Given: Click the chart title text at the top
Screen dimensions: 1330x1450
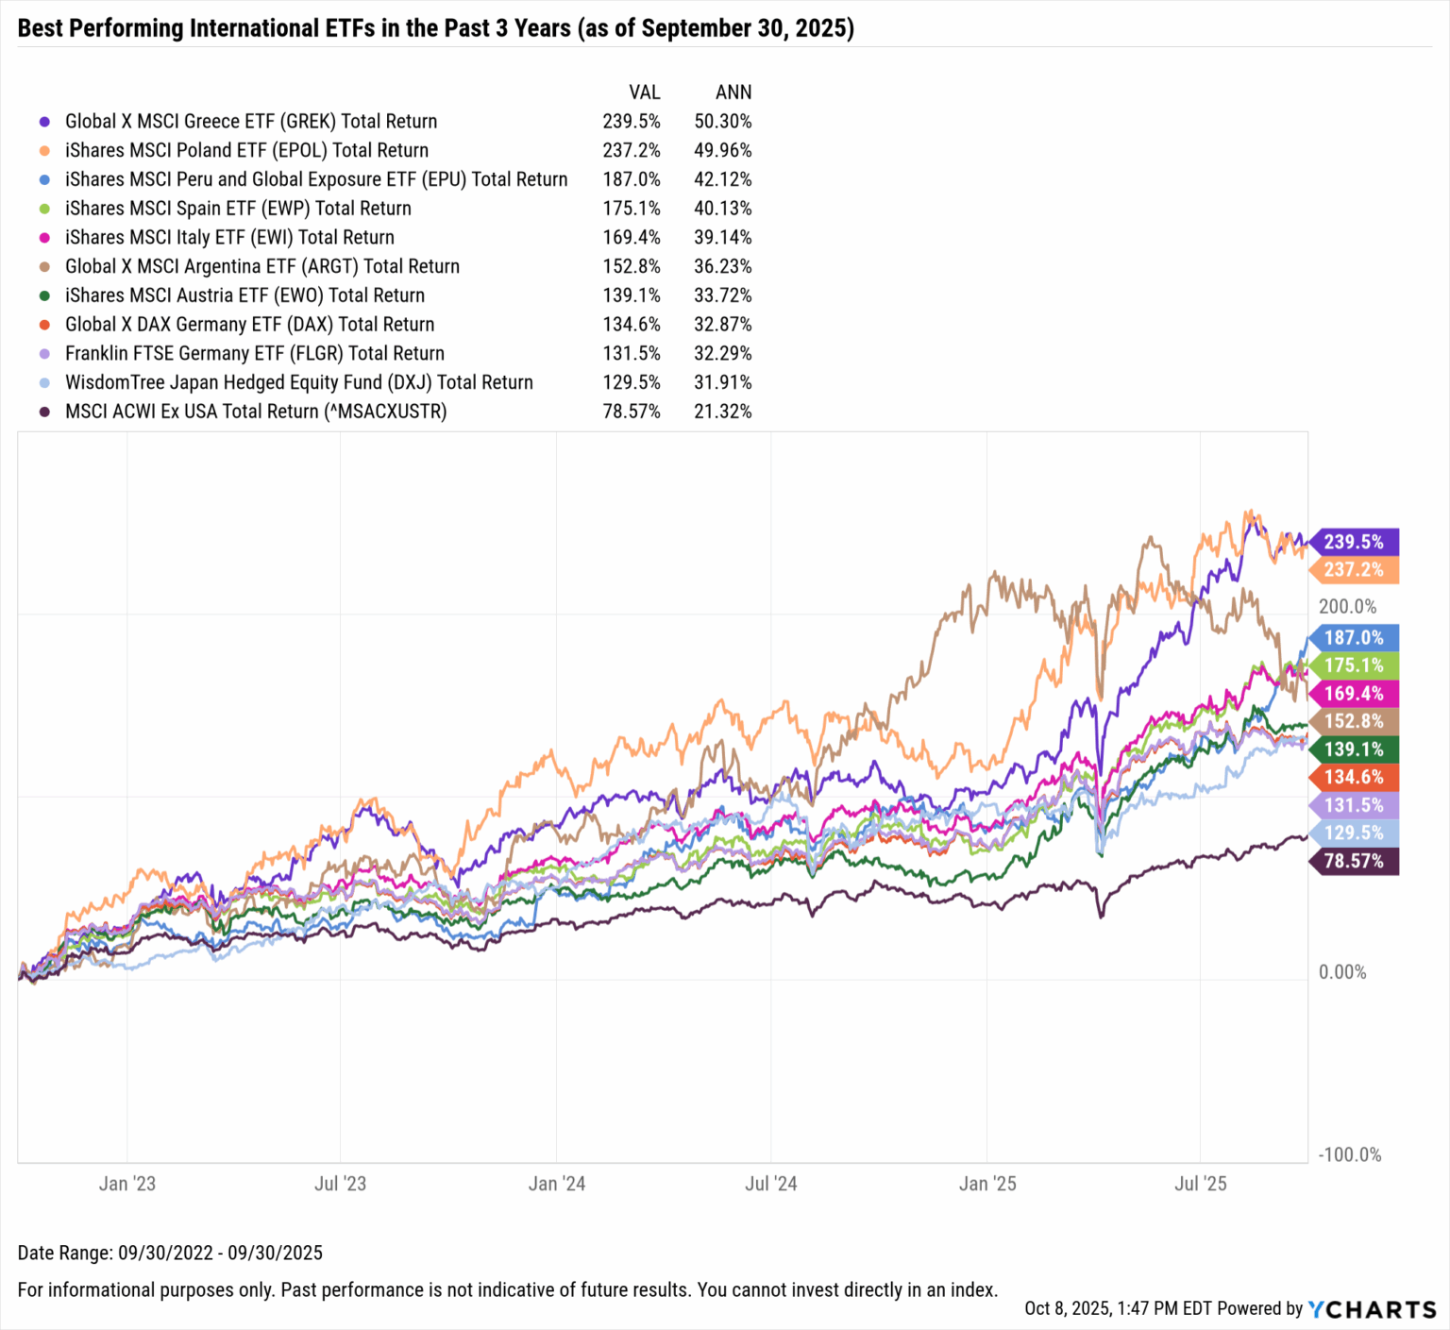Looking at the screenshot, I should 435,27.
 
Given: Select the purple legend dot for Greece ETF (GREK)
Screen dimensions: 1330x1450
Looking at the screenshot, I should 44,122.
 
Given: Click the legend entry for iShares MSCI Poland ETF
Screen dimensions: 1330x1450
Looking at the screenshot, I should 246,150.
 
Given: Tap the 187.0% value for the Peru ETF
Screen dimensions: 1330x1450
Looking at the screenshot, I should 631,179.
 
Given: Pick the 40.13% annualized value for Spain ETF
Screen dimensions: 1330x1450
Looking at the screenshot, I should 722,209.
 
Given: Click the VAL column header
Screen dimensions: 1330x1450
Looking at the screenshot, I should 644,93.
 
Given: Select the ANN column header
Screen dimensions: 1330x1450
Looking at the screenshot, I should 733,93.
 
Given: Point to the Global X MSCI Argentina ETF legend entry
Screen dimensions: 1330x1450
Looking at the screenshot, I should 261,266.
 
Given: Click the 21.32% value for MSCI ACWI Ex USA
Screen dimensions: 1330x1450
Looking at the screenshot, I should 722,412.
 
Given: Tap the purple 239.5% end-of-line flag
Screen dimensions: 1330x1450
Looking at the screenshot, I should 1354,542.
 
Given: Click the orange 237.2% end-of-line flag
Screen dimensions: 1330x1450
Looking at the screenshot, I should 1354,570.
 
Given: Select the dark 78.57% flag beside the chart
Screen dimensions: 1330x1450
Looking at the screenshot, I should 1354,861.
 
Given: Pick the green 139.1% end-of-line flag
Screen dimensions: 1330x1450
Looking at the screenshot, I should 1354,749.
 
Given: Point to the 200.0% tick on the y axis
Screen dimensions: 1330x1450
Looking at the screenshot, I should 1347,607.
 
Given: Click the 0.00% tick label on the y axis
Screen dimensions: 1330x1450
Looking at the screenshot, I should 1341,972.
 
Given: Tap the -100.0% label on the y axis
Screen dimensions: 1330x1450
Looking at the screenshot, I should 1349,1155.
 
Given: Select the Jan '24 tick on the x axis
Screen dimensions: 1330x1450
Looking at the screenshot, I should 556,1184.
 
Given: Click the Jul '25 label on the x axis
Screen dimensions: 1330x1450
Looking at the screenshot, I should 1200,1184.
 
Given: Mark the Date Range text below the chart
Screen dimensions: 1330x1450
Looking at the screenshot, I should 170,1253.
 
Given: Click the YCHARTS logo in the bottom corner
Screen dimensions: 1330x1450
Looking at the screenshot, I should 1372,1309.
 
